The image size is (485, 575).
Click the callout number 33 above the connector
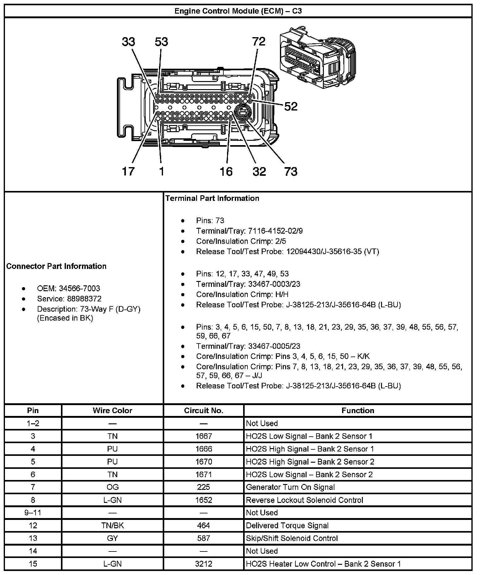pos(128,41)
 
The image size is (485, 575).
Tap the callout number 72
pos(259,41)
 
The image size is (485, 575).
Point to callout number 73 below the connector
pos(290,171)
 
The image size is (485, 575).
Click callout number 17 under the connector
pos(128,171)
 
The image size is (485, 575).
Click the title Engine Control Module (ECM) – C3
pos(238,11)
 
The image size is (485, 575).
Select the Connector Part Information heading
pos(56,266)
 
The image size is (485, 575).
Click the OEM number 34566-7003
pos(79,288)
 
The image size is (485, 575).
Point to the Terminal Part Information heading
pos(212,198)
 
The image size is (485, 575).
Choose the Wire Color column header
pos(112,410)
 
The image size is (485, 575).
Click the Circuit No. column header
pos(204,410)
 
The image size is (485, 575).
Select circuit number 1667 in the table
pos(204,436)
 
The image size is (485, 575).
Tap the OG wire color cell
pos(112,487)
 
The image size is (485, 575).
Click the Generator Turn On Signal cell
pos(290,487)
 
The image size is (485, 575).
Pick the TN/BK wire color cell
pos(112,525)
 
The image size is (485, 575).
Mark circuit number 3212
pos(204,564)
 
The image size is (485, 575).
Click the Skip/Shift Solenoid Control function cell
pos(292,538)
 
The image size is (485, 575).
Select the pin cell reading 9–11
pos(33,512)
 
